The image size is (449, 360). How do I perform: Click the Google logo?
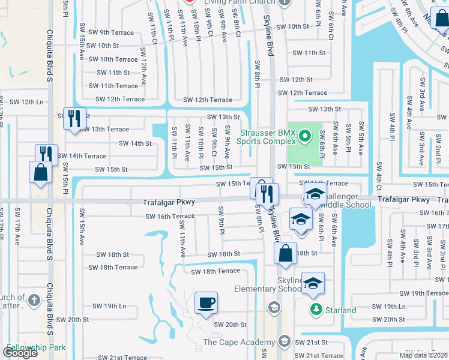(20, 353)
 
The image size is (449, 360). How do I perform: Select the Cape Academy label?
(239, 342)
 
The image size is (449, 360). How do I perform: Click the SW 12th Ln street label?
(25, 102)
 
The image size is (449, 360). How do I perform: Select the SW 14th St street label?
(135, 143)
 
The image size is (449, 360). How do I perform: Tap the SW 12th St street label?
(295, 79)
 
